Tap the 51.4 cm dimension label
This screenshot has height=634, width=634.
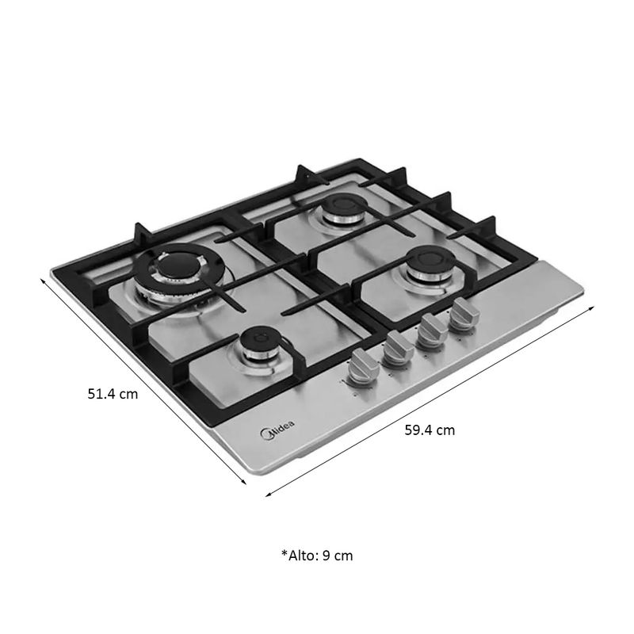pos(113,394)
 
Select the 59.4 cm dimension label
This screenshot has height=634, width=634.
pos(430,430)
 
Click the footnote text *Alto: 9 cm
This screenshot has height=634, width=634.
pos(317,556)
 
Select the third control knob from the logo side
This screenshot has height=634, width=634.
pos(432,330)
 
